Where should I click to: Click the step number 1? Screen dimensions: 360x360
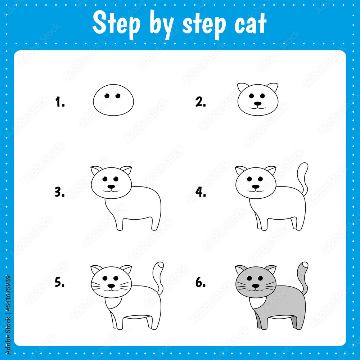(x=60, y=102)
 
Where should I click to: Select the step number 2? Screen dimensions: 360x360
(x=201, y=102)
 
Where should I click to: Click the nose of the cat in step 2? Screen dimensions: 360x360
(x=257, y=103)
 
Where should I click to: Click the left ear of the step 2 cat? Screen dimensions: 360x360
(x=243, y=87)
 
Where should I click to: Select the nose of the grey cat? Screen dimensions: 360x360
(x=256, y=286)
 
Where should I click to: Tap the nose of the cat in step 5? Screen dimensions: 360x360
(x=111, y=286)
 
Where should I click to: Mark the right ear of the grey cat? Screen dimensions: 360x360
(x=271, y=269)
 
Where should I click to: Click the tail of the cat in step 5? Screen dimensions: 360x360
(x=158, y=275)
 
